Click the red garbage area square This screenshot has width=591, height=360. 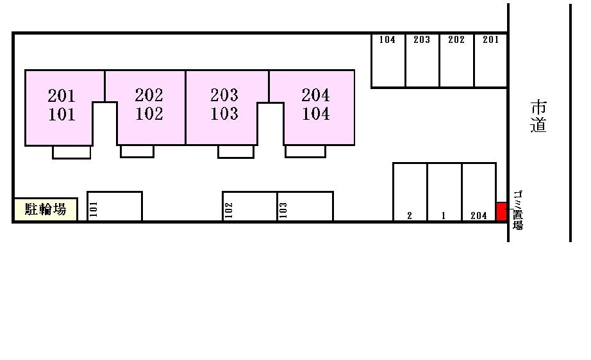501,211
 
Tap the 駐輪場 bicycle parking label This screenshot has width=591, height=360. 46,209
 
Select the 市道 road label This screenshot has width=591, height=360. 538,117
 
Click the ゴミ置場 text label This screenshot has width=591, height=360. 518,209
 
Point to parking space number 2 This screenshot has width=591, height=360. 410,192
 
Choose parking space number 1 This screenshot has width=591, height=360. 445,192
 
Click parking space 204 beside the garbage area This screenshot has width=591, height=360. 479,192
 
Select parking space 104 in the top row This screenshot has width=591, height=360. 388,61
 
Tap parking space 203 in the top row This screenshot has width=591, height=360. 422,61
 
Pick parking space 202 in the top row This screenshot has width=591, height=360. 457,61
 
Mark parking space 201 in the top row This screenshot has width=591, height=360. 491,61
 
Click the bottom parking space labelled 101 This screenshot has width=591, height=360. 115,206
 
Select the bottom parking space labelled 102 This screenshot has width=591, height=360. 250,206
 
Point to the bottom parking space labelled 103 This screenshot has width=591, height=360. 305,206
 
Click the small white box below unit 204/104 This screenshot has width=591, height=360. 305,151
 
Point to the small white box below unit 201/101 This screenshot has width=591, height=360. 72,152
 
